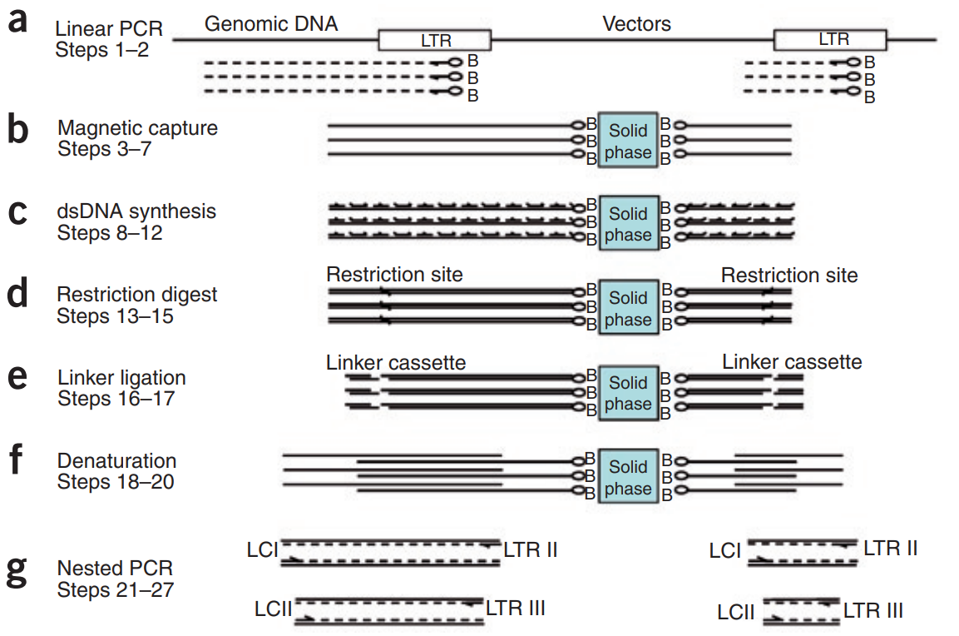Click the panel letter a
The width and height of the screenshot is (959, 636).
(x=17, y=23)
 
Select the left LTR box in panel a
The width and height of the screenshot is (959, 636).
(x=434, y=40)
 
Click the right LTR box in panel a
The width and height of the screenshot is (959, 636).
(x=829, y=40)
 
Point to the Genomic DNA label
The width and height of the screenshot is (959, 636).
(x=271, y=24)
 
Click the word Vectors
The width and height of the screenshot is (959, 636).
(x=636, y=24)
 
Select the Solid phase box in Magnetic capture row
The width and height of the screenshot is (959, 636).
(x=628, y=142)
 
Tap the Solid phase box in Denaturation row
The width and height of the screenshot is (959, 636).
(x=628, y=477)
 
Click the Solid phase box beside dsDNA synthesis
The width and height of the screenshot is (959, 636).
(x=628, y=224)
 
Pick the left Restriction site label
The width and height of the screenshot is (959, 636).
(x=394, y=275)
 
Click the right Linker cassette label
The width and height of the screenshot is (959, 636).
(x=792, y=361)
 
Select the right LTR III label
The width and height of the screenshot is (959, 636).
(x=873, y=611)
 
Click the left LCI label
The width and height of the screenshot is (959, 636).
(x=263, y=550)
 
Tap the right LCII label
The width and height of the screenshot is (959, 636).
(x=736, y=613)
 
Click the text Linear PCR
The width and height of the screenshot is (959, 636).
(x=109, y=30)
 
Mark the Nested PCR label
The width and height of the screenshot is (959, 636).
(x=115, y=569)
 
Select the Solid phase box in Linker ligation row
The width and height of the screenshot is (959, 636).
(x=628, y=393)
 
